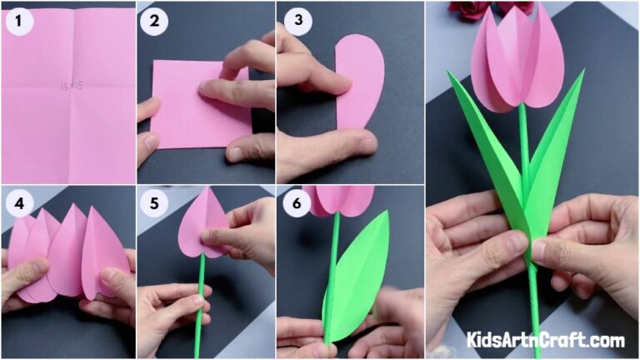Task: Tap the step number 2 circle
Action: click(x=154, y=22)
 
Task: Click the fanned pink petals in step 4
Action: click(x=67, y=250)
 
